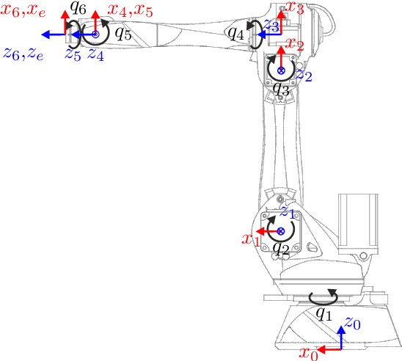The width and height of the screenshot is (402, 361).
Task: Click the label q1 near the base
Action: coord(324,312)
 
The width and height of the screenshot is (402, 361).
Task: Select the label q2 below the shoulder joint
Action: coord(279,248)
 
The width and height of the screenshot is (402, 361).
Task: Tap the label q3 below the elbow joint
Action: coord(280,89)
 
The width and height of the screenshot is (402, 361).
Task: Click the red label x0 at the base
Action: coord(310,354)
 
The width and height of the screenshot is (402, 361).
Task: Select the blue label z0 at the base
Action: coord(353,323)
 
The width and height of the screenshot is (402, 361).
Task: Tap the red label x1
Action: coord(252,238)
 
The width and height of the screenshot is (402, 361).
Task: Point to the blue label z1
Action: coord(288,214)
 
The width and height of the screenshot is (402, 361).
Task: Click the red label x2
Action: coord(294,45)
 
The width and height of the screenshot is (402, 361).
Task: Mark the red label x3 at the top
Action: coord(295,8)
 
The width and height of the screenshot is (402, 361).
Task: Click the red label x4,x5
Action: coord(131,10)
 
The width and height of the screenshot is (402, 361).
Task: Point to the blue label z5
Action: coord(71,55)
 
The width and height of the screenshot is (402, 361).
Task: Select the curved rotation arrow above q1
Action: coord(324,296)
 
